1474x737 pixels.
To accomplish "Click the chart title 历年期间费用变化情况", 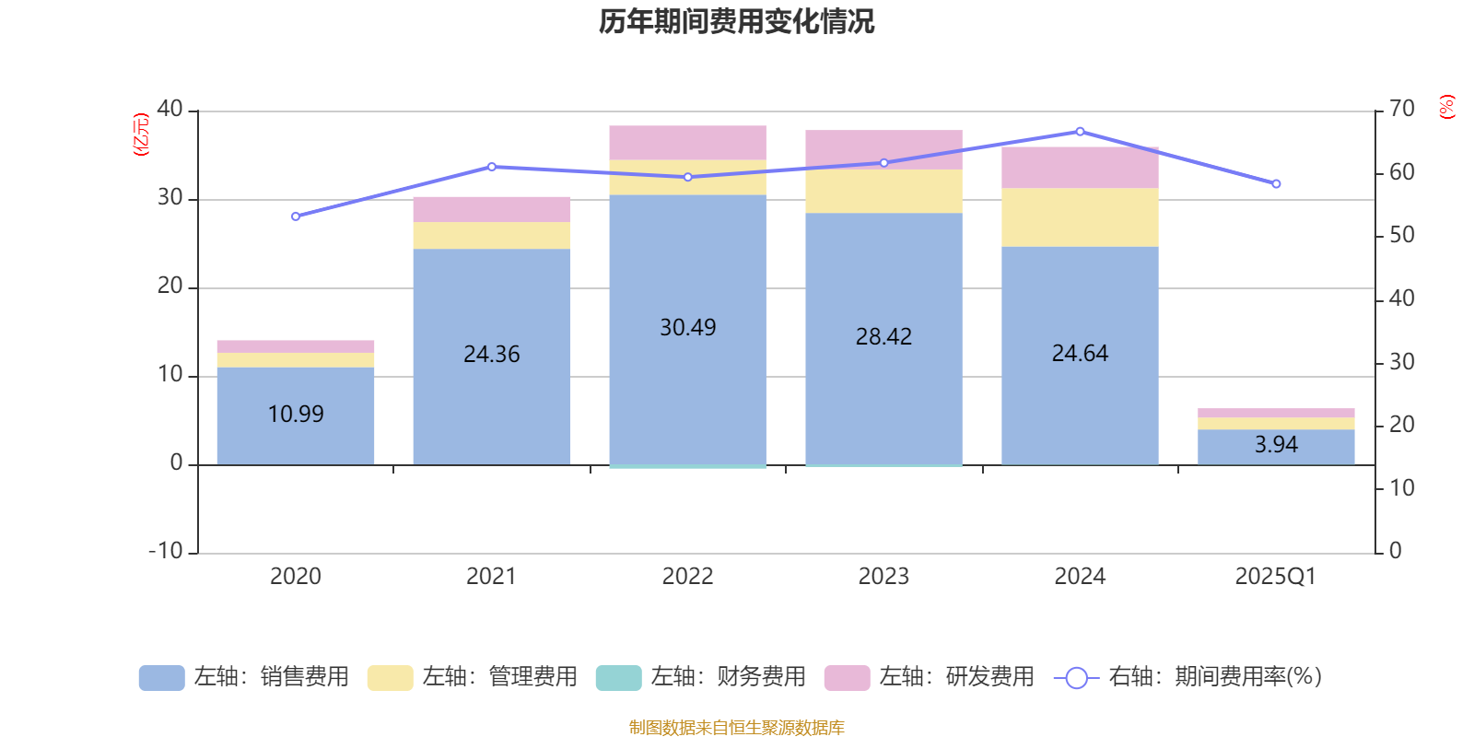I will (x=736, y=21).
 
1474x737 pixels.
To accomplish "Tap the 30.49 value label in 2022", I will (x=687, y=328).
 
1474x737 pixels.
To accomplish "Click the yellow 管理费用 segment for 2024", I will (x=1080, y=217).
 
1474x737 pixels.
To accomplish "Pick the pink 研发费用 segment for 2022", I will (x=687, y=143).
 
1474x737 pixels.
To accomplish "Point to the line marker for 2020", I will (x=296, y=216).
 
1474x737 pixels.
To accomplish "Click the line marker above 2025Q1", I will (x=1276, y=184).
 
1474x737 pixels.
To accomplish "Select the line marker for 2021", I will (x=492, y=167).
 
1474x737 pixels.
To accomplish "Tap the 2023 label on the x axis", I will (x=883, y=577).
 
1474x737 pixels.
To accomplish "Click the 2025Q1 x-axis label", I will (x=1275, y=577).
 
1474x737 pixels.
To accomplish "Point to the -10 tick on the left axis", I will (x=167, y=551).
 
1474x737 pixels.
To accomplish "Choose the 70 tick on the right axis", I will (x=1401, y=110).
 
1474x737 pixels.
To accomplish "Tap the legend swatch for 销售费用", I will (x=161, y=678).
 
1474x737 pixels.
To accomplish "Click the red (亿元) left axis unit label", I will (x=141, y=135).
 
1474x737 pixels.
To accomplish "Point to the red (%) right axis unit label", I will (x=1447, y=107).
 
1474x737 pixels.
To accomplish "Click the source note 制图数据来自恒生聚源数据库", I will (x=736, y=728).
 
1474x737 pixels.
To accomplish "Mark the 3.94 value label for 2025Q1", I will (x=1276, y=445).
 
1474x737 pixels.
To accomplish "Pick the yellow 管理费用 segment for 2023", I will (x=883, y=192).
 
